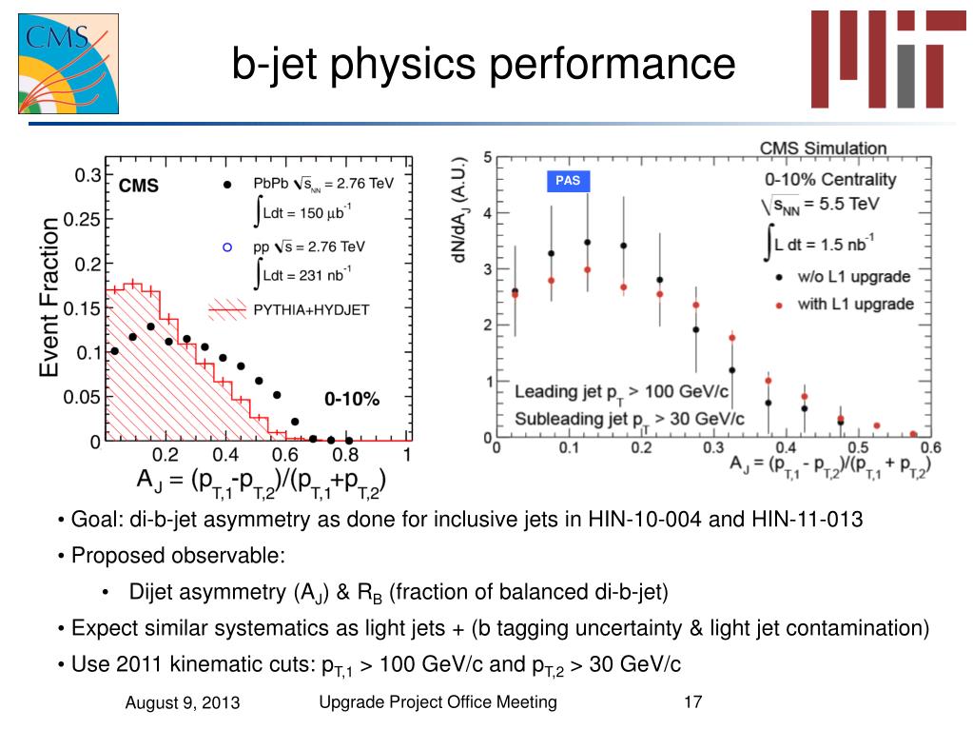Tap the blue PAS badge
(568, 181)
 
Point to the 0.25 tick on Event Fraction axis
(82, 220)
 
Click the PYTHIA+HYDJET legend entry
(311, 308)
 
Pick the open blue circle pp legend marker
(226, 247)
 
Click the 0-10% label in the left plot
(352, 400)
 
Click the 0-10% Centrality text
(830, 179)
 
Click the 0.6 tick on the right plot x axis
(930, 447)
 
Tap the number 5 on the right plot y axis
(488, 158)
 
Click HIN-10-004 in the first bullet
(642, 520)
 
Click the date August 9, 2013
(183, 703)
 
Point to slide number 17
(692, 702)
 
